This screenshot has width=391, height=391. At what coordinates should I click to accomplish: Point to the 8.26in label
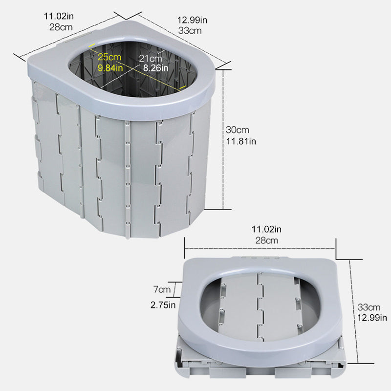pos(152,68)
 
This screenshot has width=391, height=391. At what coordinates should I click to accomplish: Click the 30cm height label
pos(238,130)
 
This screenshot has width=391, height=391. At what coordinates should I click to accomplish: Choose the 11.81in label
pos(241,141)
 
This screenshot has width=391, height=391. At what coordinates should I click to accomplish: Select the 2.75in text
pos(164,305)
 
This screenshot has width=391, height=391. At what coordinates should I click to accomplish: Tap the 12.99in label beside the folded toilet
pos(372,318)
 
